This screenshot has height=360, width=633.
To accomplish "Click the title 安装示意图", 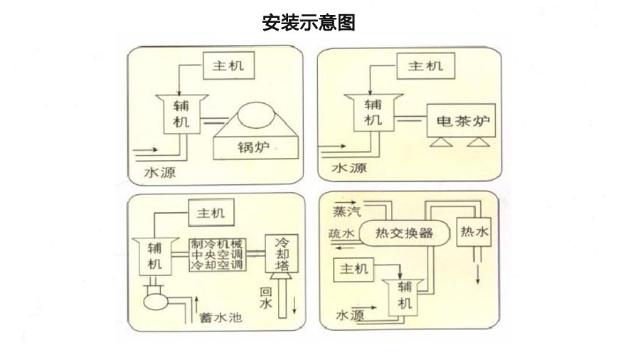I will point(309,23).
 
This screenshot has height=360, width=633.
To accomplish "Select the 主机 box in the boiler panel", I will point(228,66).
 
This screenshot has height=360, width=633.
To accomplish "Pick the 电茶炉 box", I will point(459,120).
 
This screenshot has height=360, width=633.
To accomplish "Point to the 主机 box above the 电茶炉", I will point(425,66).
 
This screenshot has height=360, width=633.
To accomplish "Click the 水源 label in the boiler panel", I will point(159,173).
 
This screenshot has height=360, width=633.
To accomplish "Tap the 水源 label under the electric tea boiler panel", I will point(349,169).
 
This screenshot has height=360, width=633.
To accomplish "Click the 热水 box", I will point(474,232).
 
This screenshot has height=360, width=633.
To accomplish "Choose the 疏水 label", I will point(341,233).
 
